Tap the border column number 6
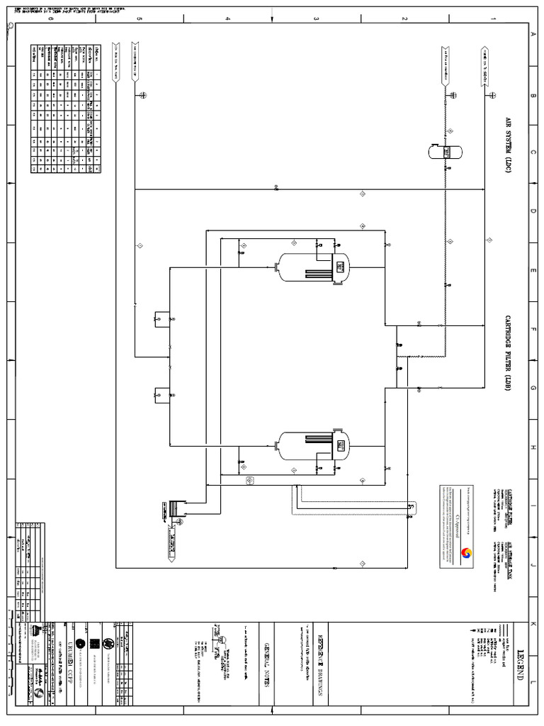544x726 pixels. (50, 19)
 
